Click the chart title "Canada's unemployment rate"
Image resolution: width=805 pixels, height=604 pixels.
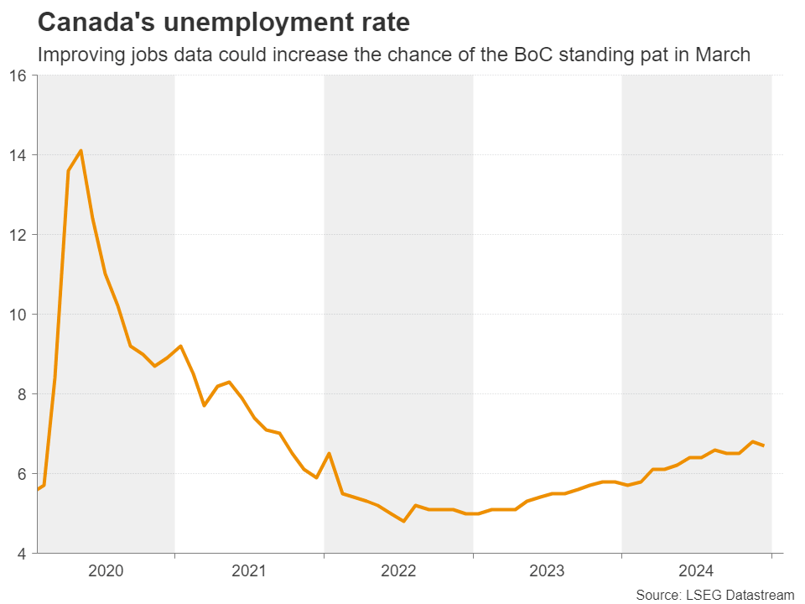pos(223,23)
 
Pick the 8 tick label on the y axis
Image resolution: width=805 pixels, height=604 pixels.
pos(22,394)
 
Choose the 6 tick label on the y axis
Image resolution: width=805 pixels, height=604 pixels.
pos(22,474)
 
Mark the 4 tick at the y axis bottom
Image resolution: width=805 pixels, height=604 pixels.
pos(22,554)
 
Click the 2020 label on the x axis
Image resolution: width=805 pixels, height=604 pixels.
pos(106,571)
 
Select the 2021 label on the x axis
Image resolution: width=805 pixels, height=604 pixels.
pos(249,571)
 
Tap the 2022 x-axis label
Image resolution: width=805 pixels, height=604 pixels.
pos(398,571)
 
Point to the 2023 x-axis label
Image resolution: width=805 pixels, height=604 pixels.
pos(547,571)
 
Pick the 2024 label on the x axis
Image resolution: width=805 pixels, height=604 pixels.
pos(696,571)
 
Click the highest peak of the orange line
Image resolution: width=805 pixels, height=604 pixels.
pos(80,151)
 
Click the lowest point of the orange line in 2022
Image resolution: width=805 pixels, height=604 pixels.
pos(404,522)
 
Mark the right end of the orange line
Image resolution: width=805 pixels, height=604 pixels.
pos(763,445)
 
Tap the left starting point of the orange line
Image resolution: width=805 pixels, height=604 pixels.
pos(38,489)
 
